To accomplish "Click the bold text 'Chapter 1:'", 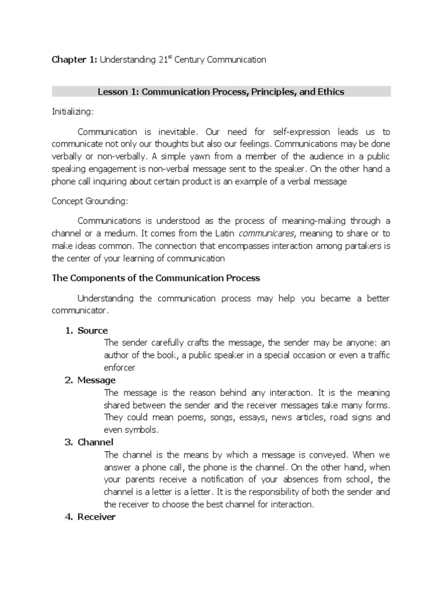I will tap(74, 59).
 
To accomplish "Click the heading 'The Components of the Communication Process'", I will tap(156, 278).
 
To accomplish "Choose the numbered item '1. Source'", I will tap(86, 331).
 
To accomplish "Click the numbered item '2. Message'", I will tap(90, 380).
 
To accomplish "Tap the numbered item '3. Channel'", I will tap(90, 442).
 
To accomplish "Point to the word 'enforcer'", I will tap(120, 367).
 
